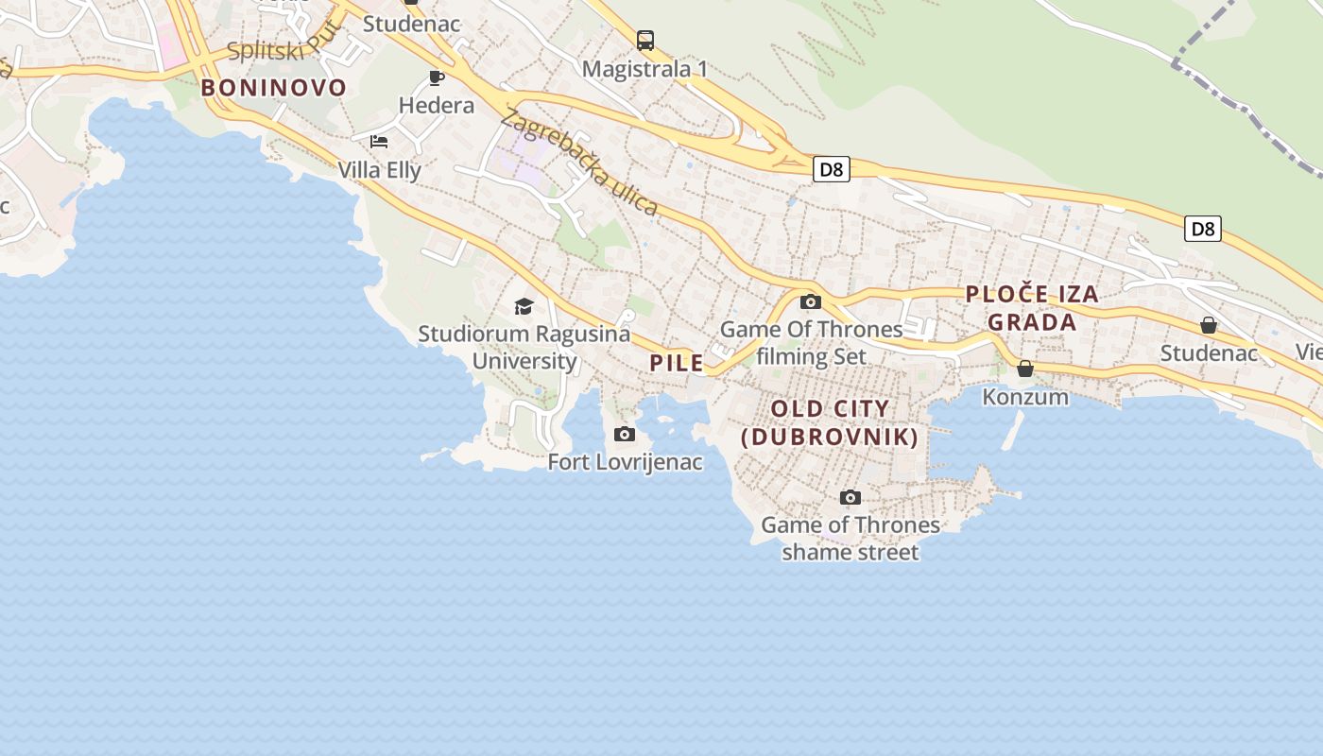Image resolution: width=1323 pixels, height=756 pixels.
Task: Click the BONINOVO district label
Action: tap(274, 88)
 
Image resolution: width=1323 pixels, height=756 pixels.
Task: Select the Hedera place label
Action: tap(437, 105)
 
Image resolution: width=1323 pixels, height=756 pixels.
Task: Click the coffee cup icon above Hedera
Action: tap(437, 77)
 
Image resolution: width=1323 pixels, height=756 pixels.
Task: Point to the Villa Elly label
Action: tap(380, 170)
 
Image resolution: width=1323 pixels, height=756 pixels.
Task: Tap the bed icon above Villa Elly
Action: tap(379, 142)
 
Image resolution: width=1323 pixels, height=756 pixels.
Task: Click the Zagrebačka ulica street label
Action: tap(578, 162)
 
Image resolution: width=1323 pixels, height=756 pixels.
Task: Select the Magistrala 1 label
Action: tap(645, 69)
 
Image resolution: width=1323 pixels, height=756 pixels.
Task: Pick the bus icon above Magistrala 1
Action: tap(645, 41)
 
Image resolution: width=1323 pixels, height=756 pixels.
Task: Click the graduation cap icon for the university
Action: tap(524, 306)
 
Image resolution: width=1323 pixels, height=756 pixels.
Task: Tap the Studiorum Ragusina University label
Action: tap(524, 347)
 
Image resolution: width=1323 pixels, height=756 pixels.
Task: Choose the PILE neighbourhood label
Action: tap(677, 363)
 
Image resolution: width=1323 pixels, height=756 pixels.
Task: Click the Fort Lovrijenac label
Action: tap(626, 462)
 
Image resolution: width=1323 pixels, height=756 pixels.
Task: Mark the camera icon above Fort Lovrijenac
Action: tap(624, 435)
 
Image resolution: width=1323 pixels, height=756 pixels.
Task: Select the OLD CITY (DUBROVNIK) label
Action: tap(831, 422)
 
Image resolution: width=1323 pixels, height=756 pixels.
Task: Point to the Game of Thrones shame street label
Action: tap(850, 538)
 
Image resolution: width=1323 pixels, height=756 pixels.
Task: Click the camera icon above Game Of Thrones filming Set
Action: tap(811, 302)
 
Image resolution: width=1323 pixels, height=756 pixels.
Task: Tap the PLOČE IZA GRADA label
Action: tap(1032, 308)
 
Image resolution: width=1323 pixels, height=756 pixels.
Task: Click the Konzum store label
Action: tap(1025, 397)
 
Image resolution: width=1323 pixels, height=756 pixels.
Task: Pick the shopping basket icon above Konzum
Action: tap(1025, 369)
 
